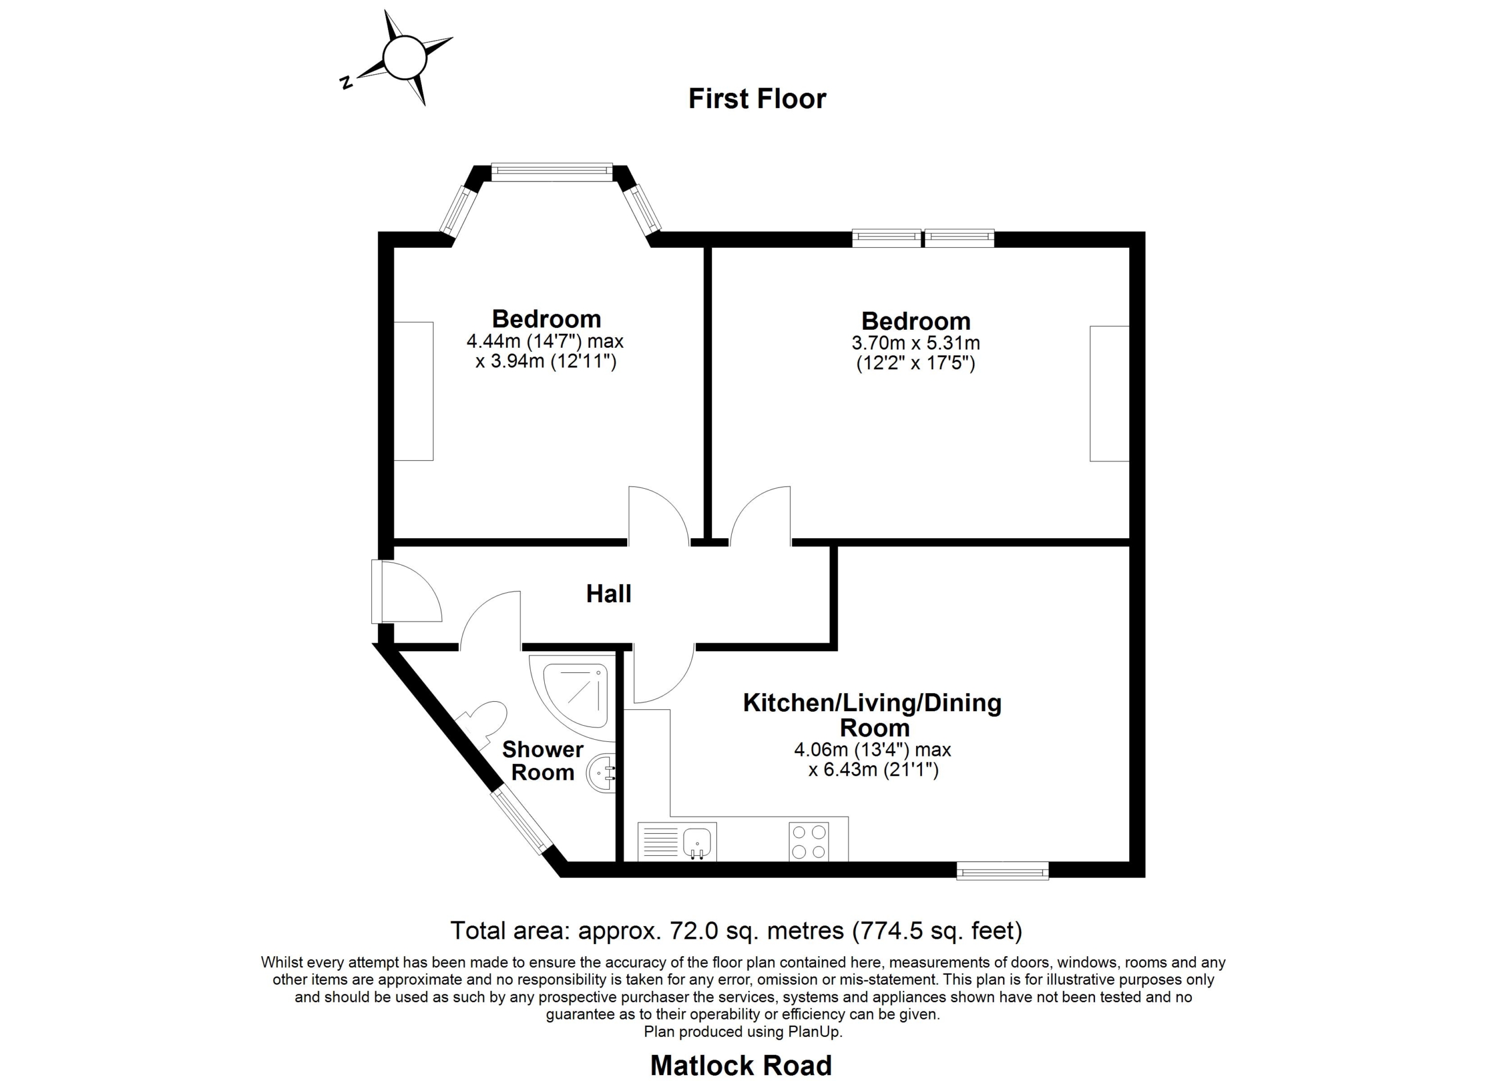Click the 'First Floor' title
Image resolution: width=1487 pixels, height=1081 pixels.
point(757,99)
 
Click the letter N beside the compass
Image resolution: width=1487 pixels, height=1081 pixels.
point(346,82)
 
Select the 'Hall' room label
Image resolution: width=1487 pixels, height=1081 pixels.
point(608,593)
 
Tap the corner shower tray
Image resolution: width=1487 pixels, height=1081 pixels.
point(572,698)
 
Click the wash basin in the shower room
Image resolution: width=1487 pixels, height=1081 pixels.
point(601,774)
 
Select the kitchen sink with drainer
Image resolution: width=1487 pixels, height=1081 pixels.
point(677,841)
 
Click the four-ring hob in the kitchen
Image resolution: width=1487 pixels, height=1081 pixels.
point(809,841)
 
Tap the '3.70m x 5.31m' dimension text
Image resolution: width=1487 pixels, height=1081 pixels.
point(915,343)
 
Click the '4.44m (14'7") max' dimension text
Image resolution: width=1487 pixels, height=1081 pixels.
point(545,341)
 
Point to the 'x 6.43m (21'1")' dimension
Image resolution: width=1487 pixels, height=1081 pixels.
point(873,769)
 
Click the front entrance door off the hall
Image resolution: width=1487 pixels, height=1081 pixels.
point(407,591)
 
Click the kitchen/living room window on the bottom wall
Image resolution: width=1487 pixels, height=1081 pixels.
point(1003,871)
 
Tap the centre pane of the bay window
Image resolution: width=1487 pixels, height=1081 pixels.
point(551,172)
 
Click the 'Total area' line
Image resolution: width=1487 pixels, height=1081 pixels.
point(737,930)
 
